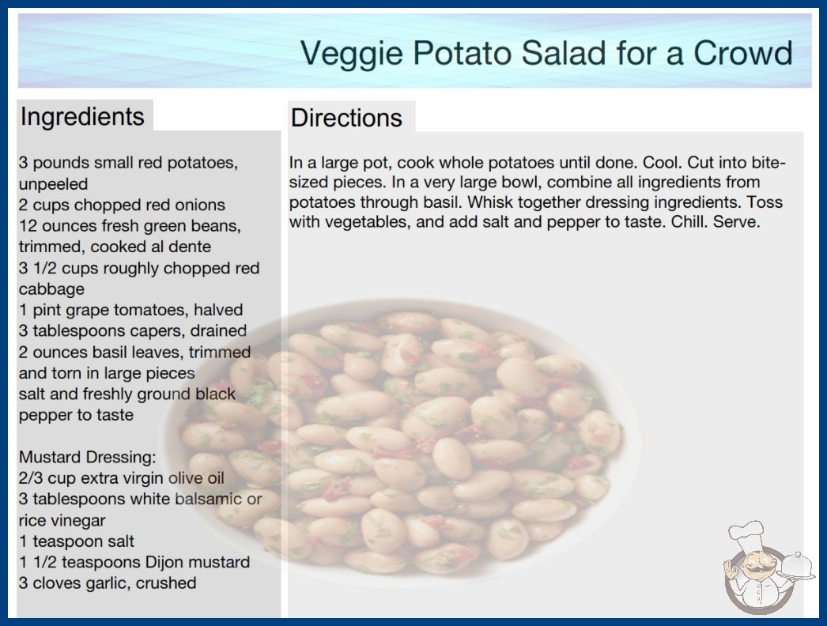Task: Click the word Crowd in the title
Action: point(742,53)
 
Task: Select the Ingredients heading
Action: point(82,117)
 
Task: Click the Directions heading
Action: point(346,118)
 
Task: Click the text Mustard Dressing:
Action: point(88,457)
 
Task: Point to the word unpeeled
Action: point(53,184)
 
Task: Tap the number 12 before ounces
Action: point(28,226)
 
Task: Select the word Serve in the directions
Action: point(736,221)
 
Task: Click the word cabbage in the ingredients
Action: point(51,289)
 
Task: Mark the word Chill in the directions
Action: point(689,221)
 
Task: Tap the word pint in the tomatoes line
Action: point(48,310)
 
